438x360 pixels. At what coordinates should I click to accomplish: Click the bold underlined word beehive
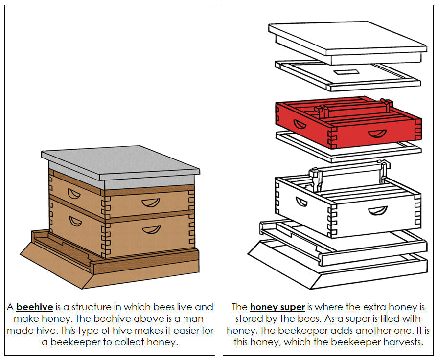click(34, 307)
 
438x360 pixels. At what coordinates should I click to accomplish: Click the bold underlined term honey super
click(277, 307)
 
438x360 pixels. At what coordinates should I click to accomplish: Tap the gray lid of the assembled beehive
click(120, 164)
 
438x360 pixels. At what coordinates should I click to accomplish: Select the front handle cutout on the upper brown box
click(151, 202)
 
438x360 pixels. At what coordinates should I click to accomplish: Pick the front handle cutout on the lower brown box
click(151, 229)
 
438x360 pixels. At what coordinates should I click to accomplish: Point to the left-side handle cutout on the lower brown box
click(75, 221)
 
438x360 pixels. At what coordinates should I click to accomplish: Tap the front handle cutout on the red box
click(377, 134)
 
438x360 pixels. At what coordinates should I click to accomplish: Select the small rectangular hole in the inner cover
click(346, 72)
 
